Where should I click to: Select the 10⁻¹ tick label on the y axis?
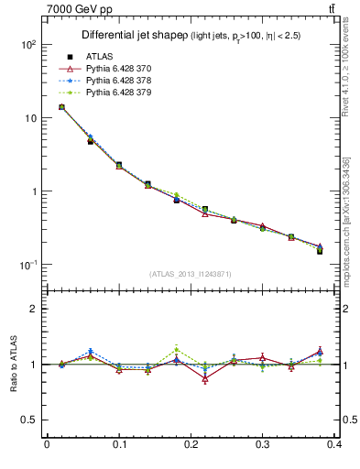tap(27, 265)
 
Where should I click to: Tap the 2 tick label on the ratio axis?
tap(32, 309)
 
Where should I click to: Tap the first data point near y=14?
tap(61, 107)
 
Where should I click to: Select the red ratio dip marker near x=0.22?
tap(205, 378)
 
